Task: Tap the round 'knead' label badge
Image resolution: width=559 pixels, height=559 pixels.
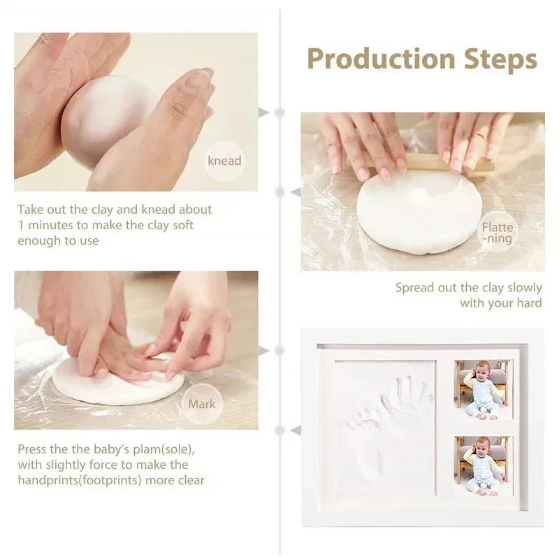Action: [224, 161]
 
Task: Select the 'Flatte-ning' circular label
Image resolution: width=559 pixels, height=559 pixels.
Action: [497, 232]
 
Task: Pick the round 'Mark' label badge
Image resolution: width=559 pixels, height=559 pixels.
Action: [201, 404]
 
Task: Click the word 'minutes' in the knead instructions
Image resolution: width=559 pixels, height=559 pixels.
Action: [53, 225]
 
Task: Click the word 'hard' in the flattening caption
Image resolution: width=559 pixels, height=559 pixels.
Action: [528, 303]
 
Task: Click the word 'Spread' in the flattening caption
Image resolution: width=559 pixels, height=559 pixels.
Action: [415, 287]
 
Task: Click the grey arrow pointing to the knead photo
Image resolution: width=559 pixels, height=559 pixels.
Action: [263, 112]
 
